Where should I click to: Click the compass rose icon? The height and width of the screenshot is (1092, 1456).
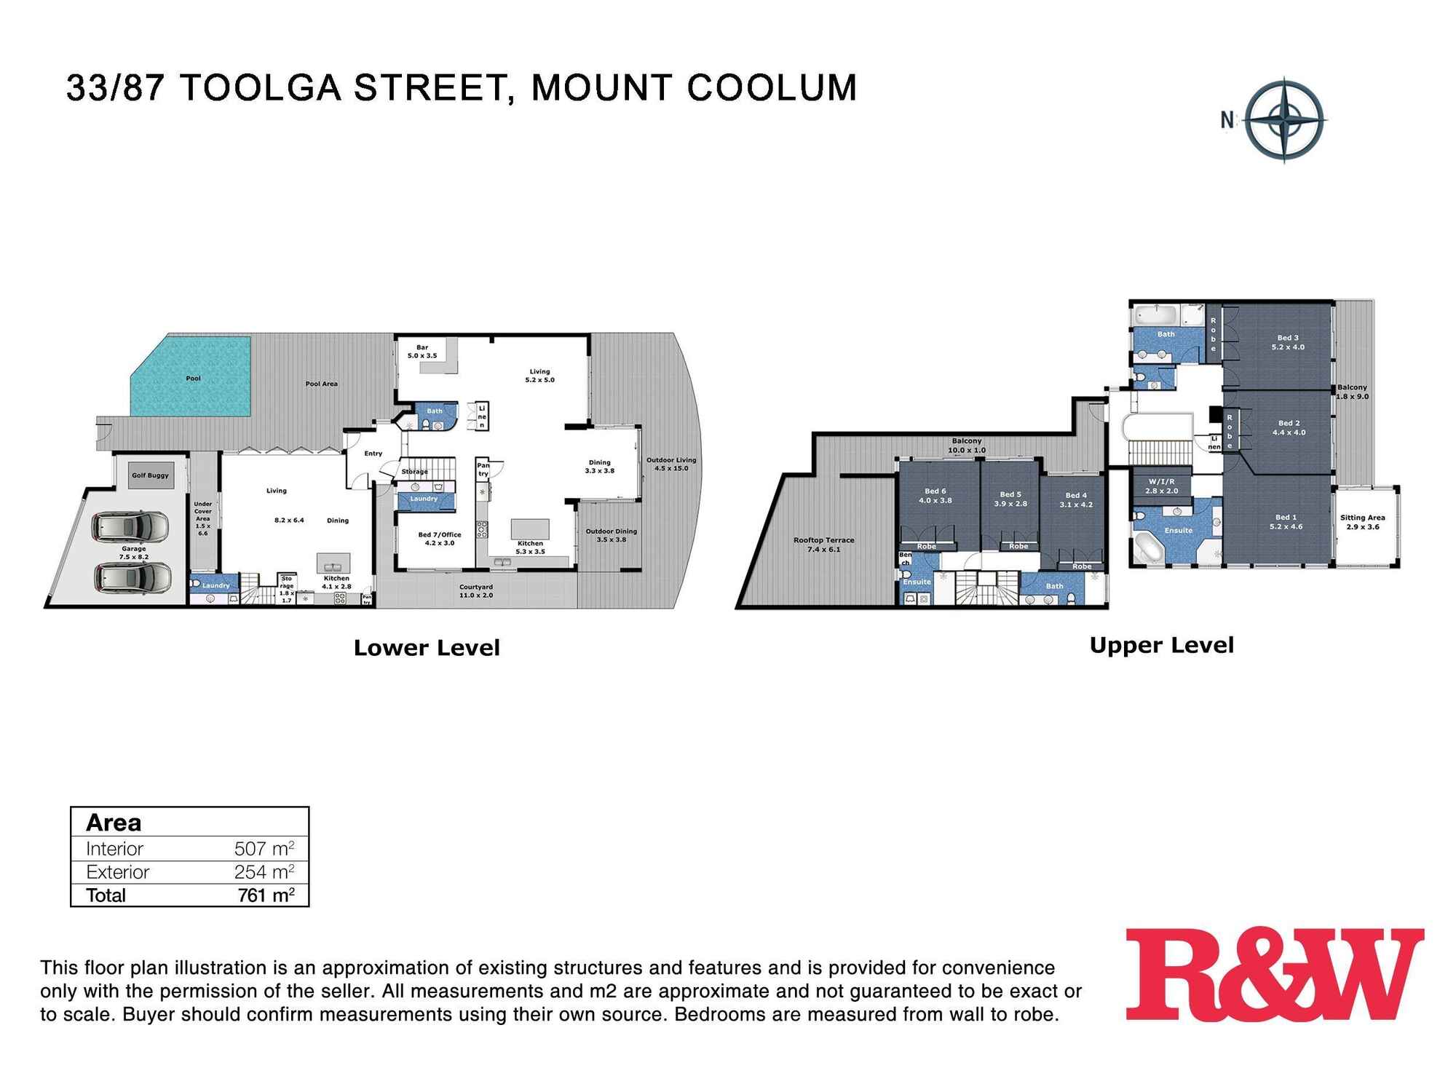1284,120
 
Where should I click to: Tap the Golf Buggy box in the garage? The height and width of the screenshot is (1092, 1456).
150,475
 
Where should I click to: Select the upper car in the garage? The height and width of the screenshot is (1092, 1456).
131,526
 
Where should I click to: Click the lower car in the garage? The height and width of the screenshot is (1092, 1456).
133,577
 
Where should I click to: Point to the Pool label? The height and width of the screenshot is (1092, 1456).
193,379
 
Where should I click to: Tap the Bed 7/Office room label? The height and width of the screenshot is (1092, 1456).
439,539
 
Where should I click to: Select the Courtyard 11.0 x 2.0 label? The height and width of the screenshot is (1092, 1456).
476,591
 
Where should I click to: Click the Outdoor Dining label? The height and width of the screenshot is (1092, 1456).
611,535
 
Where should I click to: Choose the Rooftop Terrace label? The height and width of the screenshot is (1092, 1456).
823,545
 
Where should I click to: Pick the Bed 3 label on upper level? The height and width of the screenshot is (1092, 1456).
1288,342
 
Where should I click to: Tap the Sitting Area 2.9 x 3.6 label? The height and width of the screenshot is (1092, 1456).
1362,522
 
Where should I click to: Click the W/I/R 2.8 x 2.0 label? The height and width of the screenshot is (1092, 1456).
1161,486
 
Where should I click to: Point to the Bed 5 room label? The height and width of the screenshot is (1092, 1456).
1010,499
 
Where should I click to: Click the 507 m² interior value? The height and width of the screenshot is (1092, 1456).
264,849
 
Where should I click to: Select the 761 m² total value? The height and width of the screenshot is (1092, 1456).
266,895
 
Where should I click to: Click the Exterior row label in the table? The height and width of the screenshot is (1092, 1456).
117,872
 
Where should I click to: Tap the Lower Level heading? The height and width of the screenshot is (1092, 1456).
427,648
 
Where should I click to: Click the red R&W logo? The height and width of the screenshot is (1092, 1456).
1274,975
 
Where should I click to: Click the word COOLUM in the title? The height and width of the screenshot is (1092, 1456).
772,88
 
